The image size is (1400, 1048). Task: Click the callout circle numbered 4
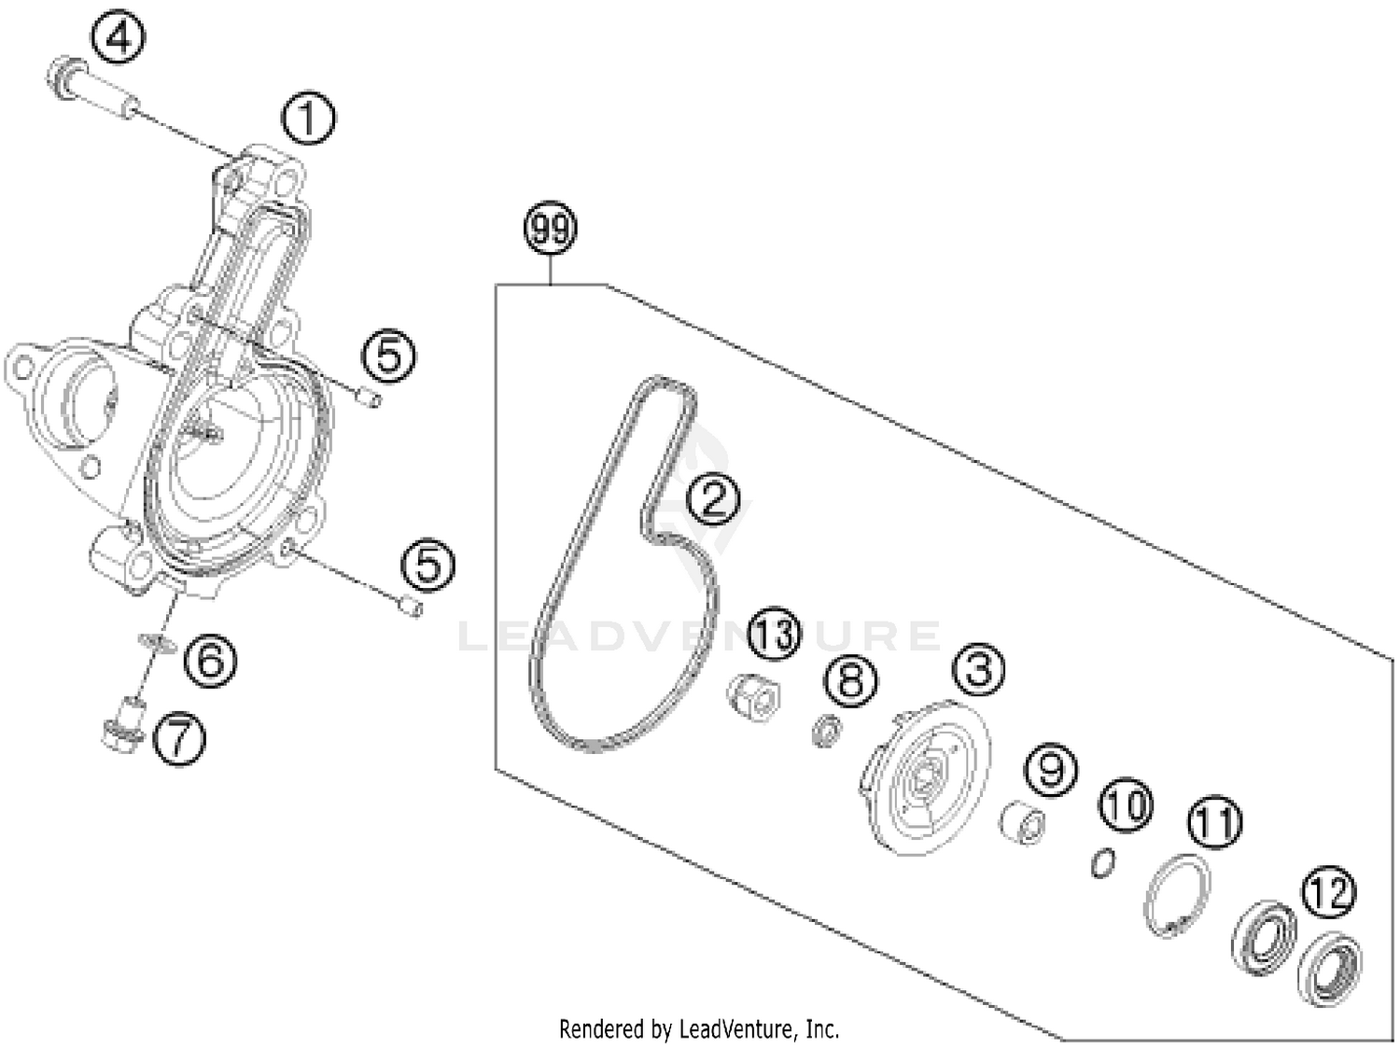pyautogui.click(x=119, y=39)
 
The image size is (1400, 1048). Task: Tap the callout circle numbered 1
pyautogui.click(x=309, y=119)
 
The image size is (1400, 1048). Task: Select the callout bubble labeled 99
pyautogui.click(x=551, y=229)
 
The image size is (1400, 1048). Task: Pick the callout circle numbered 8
pyautogui.click(x=850, y=678)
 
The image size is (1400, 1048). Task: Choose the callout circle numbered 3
pyautogui.click(x=978, y=668)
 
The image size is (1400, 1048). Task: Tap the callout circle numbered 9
pyautogui.click(x=1051, y=770)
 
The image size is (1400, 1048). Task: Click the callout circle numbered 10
pyautogui.click(x=1126, y=804)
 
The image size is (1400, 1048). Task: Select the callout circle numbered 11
pyautogui.click(x=1214, y=822)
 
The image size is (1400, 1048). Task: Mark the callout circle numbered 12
pyautogui.click(x=1329, y=892)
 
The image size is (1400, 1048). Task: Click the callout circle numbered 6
pyautogui.click(x=210, y=661)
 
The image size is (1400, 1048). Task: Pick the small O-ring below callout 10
pyautogui.click(x=1102, y=863)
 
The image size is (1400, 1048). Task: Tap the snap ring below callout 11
pyautogui.click(x=1177, y=895)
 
